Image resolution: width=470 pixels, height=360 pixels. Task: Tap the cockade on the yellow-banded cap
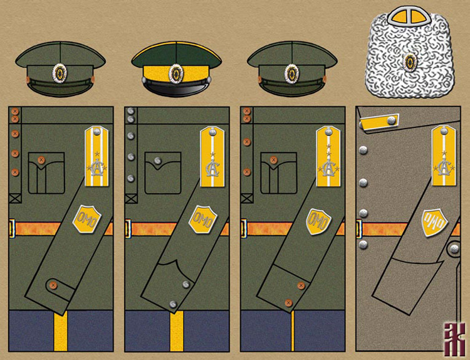(175, 73)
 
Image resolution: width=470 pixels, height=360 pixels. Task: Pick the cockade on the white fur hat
(410, 61)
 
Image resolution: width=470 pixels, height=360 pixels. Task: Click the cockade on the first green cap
(60, 73)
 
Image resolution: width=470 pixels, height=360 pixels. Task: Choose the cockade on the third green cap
(291, 73)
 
